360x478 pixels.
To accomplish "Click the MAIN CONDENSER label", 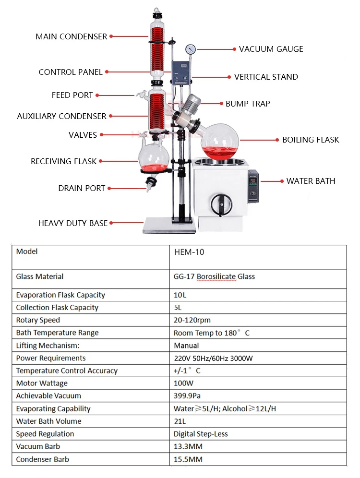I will (71, 36).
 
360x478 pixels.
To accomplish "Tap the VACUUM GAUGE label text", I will (271, 49).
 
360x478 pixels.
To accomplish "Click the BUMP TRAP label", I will (248, 104).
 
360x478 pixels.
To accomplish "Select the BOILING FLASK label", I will (311, 140).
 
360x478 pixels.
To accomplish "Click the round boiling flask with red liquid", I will (222, 141).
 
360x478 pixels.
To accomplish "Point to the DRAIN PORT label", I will (82, 188).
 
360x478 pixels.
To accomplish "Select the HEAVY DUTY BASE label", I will (73, 223).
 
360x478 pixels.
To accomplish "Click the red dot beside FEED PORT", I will (97, 96).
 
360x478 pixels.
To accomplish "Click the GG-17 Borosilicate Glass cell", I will (214, 276).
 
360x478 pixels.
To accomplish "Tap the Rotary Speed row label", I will (38, 320).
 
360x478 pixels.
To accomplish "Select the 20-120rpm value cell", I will (192, 320).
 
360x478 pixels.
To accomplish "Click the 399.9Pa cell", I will (188, 396).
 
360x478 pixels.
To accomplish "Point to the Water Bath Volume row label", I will (48, 421).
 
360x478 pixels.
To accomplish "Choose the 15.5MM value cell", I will (188, 459).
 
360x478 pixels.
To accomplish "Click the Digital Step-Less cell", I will (201, 434).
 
